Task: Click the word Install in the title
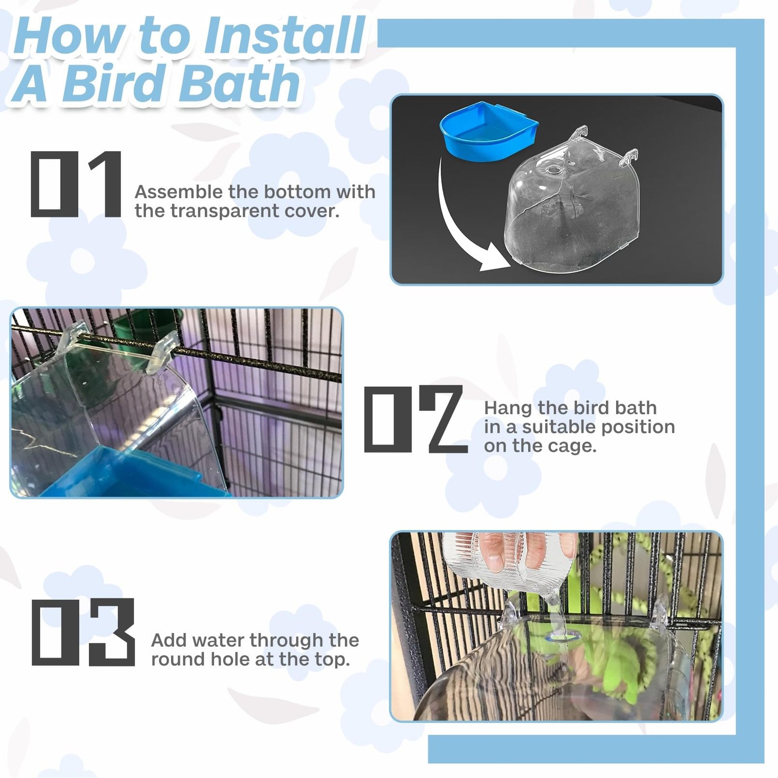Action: [x=284, y=36]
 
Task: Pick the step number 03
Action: [x=83, y=632]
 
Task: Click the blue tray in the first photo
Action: [x=488, y=130]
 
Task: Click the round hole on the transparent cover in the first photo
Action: [x=553, y=171]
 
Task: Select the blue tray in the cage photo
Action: [x=131, y=474]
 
